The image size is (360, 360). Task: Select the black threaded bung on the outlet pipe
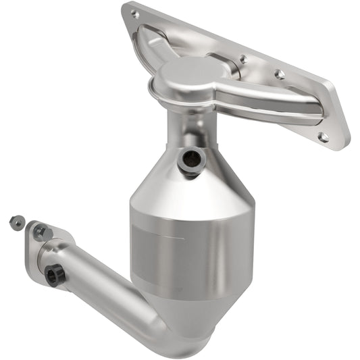[53, 274]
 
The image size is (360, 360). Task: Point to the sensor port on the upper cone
[191, 159]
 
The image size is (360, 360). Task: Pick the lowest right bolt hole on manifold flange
[324, 136]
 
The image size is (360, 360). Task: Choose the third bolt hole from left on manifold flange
[279, 74]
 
